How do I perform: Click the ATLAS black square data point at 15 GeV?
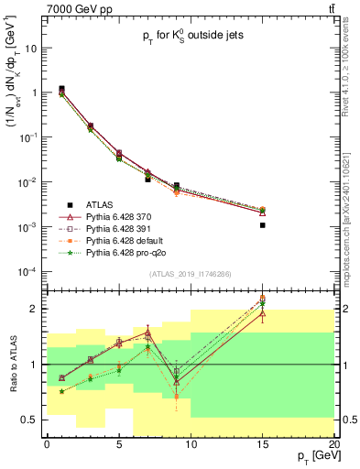263,224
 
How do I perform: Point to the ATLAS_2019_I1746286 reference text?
191,274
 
